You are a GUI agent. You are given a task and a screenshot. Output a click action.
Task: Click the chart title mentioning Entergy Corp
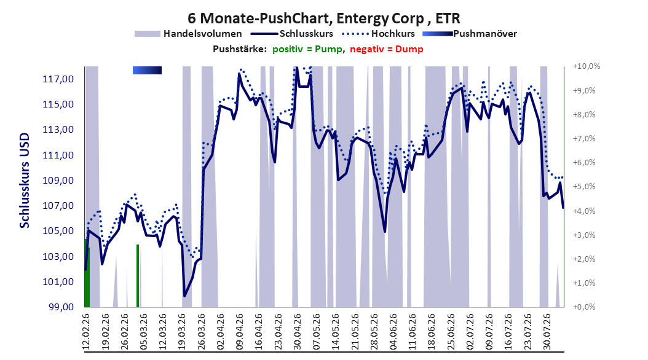click(x=323, y=18)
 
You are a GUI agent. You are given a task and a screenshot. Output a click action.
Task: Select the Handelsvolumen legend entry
click(x=188, y=34)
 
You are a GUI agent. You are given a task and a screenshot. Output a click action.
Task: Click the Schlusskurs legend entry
click(x=292, y=34)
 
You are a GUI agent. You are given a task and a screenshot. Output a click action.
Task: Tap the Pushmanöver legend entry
click(x=470, y=34)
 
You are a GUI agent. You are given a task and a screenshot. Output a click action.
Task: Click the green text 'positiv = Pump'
click(x=307, y=49)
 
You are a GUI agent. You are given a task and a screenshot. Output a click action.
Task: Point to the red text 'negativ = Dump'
click(x=387, y=49)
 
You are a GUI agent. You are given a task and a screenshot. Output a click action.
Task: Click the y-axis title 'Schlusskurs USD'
click(x=25, y=181)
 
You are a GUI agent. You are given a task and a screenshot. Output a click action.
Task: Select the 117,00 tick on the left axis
click(x=58, y=79)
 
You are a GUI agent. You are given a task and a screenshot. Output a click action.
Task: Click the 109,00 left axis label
click(x=58, y=181)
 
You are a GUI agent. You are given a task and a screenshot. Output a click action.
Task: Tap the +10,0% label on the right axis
click(x=587, y=66)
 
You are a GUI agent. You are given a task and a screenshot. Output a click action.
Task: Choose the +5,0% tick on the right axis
click(x=584, y=187)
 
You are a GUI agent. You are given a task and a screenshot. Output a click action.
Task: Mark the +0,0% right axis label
click(x=584, y=307)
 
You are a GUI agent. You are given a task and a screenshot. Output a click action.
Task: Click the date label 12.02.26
click(x=86, y=332)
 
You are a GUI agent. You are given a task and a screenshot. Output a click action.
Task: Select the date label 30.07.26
click(x=547, y=332)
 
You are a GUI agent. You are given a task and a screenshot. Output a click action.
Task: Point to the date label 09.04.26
click(x=239, y=332)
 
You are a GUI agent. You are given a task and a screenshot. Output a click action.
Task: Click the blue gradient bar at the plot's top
click(x=147, y=71)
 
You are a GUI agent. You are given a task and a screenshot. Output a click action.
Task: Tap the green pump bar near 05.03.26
click(x=138, y=276)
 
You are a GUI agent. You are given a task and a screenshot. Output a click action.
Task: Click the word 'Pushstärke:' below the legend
click(x=240, y=49)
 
